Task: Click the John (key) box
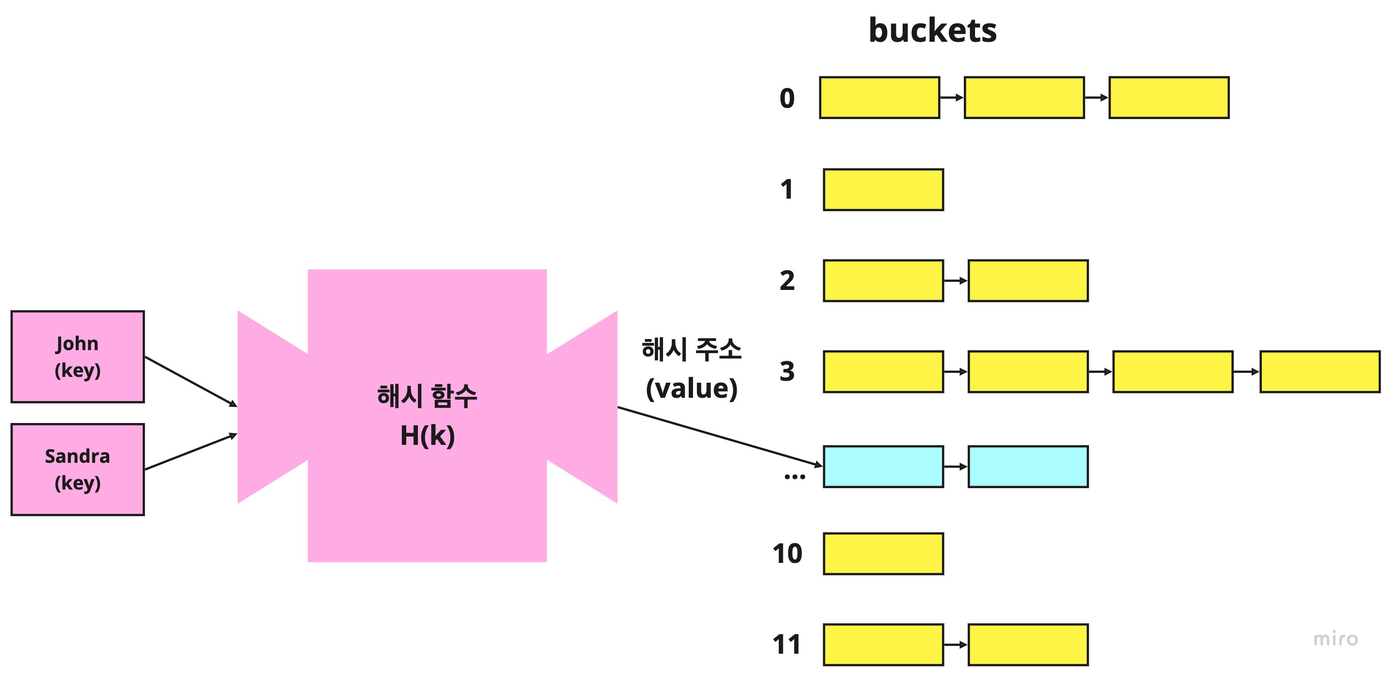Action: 78,356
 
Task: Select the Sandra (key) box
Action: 78,469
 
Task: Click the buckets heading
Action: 932,30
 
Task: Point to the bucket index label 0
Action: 787,98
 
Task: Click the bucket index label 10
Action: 787,553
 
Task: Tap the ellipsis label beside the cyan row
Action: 794,475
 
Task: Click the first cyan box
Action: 883,466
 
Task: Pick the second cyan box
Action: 1028,466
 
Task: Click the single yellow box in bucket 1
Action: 883,189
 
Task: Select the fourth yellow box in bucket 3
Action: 1320,372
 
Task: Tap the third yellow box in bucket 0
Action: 1169,98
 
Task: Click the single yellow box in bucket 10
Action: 883,553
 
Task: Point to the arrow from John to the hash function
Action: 191,381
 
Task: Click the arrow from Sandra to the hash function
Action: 191,451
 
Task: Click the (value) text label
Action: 691,388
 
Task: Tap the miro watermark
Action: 1336,639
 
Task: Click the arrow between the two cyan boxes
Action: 956,466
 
